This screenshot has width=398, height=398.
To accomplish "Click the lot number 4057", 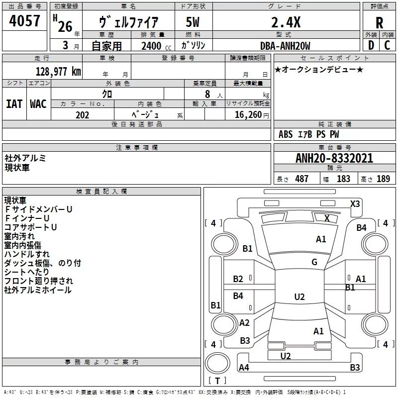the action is coord(24,21).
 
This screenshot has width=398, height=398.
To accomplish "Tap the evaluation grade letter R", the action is coord(379,23).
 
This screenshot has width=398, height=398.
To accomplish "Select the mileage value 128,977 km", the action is coord(58,72).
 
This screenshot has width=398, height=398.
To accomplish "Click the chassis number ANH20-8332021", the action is coord(334,158).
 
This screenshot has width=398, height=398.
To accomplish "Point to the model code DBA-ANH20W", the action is coord(285,46).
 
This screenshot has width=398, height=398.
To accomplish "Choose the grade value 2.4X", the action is coord(286,22).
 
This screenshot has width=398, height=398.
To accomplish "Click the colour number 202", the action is coord(82,115).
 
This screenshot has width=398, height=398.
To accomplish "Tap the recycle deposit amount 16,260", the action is coord(248,115).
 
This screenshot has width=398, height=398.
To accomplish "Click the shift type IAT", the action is coord(14,104).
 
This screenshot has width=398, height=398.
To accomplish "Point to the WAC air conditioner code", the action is coord(38,104).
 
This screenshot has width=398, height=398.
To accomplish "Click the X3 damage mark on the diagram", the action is coord(355,204).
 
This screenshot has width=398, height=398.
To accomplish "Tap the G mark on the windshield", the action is coord(314,262).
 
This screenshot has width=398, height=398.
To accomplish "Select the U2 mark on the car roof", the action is coord(299,297).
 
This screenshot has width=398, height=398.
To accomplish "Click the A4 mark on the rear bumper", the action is coord(244,367).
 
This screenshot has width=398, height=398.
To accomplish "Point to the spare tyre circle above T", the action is coord(217,363).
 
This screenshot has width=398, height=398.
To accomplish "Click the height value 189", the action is coord(383,179).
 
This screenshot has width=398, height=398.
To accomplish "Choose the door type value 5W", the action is coord(193,22).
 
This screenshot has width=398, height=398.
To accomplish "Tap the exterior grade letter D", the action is coord(371,45).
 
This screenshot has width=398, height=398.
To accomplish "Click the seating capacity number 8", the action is coord(207,94).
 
